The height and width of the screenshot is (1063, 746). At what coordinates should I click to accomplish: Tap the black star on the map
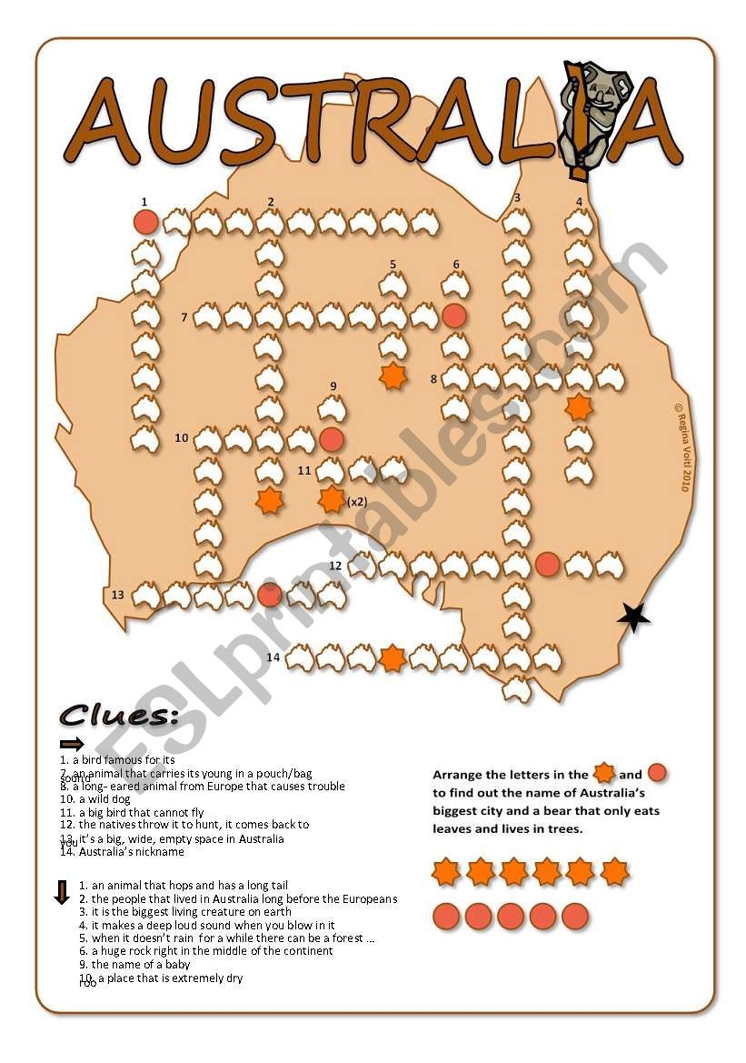tap(633, 618)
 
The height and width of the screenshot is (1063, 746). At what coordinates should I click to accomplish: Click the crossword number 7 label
tap(184, 317)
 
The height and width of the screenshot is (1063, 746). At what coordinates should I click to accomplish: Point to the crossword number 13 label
tap(117, 595)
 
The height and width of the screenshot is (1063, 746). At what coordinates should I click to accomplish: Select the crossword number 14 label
tap(274, 657)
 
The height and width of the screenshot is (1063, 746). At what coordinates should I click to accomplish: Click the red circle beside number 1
tap(145, 222)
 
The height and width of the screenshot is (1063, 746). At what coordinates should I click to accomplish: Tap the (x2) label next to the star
tap(357, 501)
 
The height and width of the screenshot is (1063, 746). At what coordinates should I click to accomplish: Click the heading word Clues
tap(118, 716)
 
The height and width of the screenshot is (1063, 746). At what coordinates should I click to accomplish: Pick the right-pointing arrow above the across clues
tap(72, 744)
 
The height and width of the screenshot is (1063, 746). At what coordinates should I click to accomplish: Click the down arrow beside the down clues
tap(62, 892)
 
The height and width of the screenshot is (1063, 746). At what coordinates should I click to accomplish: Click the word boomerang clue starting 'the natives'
tap(194, 825)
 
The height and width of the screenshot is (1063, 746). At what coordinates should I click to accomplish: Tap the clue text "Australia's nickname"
tap(131, 852)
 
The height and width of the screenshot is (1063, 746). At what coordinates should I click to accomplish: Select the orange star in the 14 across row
tap(393, 657)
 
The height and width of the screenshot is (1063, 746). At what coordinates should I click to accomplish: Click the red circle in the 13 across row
tap(270, 595)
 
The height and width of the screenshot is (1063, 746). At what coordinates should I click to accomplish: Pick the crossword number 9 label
tap(333, 386)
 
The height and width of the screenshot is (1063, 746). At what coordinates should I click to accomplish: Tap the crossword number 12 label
tap(335, 566)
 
